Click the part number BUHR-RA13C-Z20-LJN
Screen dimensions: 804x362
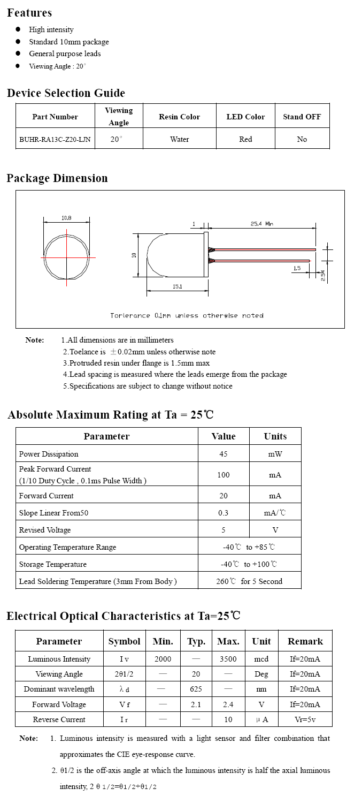55,139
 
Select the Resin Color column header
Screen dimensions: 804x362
179,117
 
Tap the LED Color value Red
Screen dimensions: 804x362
245,139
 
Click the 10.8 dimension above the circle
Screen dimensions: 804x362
66,218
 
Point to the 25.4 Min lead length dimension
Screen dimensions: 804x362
261,224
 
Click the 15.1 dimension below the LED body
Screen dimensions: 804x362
178,287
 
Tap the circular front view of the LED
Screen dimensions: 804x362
66,257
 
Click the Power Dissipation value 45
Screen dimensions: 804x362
224,454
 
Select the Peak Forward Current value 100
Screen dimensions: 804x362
224,475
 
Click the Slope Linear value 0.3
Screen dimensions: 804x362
224,513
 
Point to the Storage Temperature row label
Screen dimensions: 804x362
52,564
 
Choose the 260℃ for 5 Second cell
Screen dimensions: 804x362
249,581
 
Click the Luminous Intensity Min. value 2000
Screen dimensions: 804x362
163,659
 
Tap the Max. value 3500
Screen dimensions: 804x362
228,659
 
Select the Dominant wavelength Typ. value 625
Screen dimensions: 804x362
196,689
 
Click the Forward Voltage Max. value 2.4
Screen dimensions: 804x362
228,704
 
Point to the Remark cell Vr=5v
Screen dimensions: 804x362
305,719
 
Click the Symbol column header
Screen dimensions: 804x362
124,641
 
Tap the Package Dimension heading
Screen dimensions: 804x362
57,178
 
